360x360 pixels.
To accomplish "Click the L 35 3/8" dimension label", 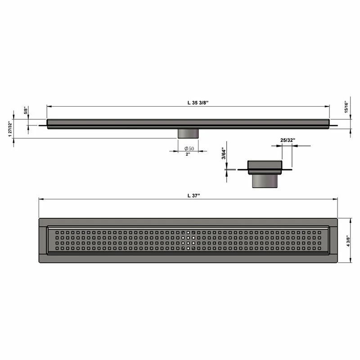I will click(198, 103).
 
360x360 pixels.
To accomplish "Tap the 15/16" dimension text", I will click(347, 107).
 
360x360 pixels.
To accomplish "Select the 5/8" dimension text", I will click(26, 111).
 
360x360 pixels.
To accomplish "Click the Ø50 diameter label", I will click(189, 148).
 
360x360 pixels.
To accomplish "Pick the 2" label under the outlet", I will click(188, 154).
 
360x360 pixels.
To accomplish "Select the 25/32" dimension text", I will click(288, 140).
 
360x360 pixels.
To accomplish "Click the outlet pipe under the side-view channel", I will click(188, 133).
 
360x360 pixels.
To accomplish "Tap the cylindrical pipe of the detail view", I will click(265, 181).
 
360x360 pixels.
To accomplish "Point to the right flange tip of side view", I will click(335, 126).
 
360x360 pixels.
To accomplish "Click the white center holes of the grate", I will click(189, 240).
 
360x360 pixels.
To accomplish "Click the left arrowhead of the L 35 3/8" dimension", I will click(49, 107).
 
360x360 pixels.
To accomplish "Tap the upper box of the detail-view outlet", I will click(265, 166).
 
